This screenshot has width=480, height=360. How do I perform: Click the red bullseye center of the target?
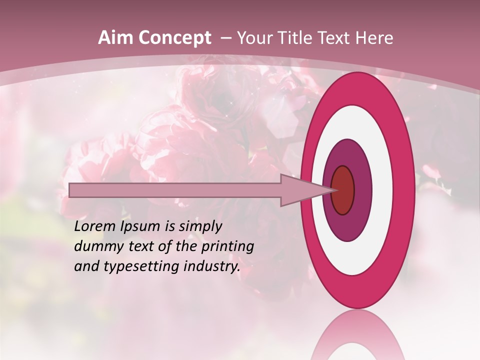[343, 190]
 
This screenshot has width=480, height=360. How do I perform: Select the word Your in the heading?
[253, 38]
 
